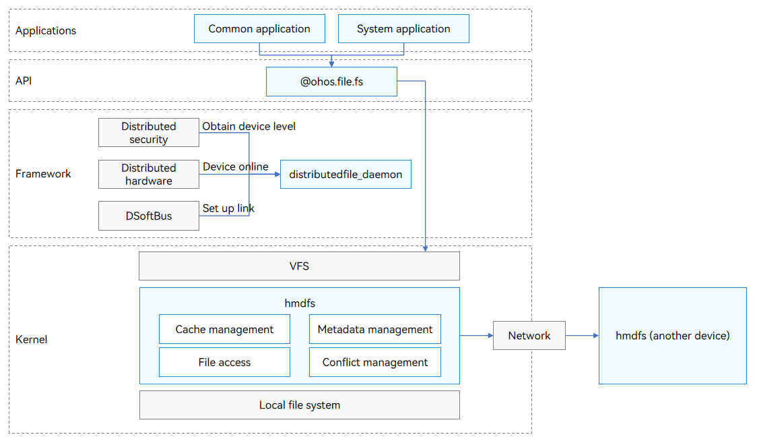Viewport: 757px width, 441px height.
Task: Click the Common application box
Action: click(x=259, y=28)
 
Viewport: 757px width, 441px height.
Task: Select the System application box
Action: click(x=403, y=28)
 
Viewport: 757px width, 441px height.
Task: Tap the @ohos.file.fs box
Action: click(x=331, y=82)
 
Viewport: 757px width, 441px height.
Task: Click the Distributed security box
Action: click(x=149, y=132)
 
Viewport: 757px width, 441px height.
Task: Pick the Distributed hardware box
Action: click(x=149, y=174)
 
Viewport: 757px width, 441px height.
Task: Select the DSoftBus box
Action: click(x=149, y=216)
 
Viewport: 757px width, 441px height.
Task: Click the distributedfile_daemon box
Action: click(x=345, y=174)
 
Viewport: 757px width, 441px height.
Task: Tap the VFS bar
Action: click(x=299, y=266)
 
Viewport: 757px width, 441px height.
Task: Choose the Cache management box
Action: click(x=224, y=329)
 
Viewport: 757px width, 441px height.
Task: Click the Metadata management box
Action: click(x=375, y=329)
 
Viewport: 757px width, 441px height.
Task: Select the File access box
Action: click(x=224, y=362)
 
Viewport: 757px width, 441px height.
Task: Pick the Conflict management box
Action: click(x=375, y=362)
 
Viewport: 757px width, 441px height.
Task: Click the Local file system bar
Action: click(x=299, y=405)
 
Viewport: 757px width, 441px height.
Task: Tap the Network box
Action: click(x=529, y=336)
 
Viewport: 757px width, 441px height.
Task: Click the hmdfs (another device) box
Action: click(x=673, y=336)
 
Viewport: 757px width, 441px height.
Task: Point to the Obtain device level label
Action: click(x=249, y=126)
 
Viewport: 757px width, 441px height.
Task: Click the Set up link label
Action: click(x=228, y=208)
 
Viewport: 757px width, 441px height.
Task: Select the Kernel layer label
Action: click(x=32, y=339)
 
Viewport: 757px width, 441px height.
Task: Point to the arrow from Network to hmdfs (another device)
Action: click(x=583, y=336)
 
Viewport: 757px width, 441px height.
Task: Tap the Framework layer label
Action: click(x=43, y=173)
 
